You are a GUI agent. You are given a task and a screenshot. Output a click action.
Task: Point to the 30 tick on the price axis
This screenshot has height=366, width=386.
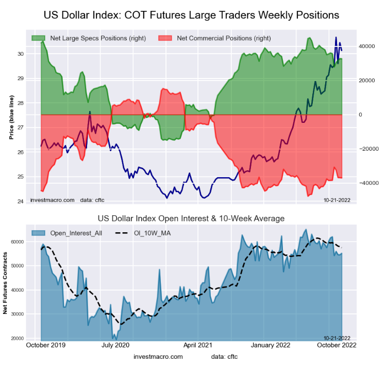pos(20,54)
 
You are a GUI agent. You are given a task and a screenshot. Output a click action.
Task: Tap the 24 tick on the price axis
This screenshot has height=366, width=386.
pos(20,201)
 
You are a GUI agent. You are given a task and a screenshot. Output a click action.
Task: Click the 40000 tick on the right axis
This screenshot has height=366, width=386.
pos(366,46)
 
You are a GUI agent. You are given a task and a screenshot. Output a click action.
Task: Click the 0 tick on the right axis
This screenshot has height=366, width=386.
pos(361,115)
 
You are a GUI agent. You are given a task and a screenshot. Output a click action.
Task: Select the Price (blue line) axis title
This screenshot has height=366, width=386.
pos(11,118)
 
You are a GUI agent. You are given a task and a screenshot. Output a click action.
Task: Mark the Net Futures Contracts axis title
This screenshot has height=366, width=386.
pos(6,283)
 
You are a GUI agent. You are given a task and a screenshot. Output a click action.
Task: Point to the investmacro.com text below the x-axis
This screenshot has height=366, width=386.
pos(158,357)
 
